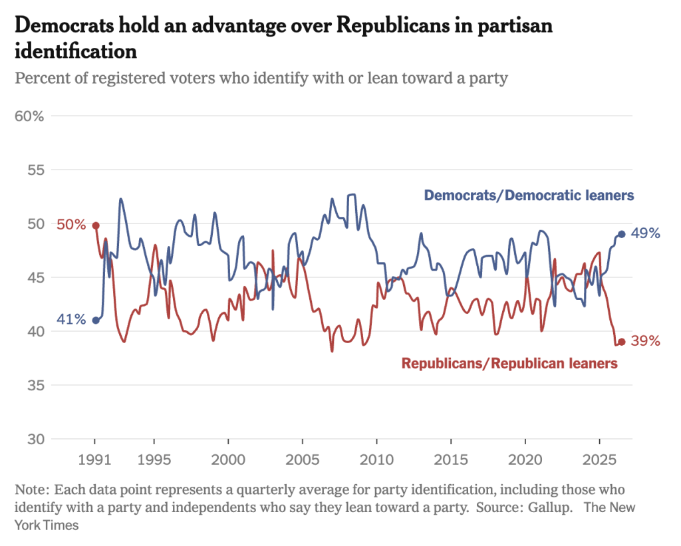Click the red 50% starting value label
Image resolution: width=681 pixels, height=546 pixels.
[x=71, y=225]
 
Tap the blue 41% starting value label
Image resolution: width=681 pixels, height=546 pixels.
[x=71, y=319]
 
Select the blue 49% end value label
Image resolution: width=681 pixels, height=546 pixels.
[x=645, y=233]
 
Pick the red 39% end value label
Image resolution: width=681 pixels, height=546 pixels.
[x=645, y=341]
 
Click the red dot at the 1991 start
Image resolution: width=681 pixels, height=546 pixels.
[x=96, y=225]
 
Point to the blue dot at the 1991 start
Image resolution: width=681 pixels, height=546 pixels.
[x=96, y=321]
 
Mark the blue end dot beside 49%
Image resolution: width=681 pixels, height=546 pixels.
[x=622, y=234]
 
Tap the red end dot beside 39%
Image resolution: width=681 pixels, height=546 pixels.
[x=622, y=342]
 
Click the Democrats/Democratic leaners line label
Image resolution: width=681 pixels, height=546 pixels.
[x=529, y=196]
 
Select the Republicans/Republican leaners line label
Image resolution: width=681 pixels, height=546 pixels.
[x=509, y=363]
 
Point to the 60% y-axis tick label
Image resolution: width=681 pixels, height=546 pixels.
[x=29, y=116]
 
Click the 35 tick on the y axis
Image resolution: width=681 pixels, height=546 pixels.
[x=36, y=385]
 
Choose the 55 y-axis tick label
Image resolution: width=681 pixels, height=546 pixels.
[x=36, y=170]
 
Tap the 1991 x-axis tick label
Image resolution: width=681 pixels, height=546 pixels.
[x=94, y=460]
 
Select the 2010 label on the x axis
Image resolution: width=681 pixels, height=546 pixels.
[x=376, y=460]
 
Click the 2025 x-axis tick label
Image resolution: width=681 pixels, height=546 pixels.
[x=599, y=460]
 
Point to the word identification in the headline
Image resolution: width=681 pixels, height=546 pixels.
[x=76, y=51]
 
